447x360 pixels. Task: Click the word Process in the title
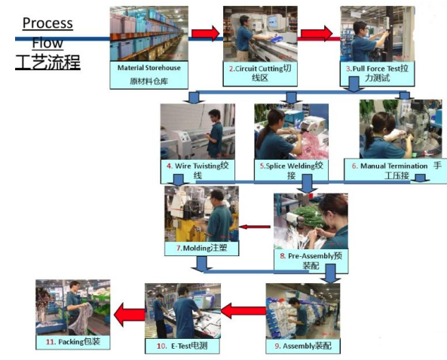47,23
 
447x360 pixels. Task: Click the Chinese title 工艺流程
47,62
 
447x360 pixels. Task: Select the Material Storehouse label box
148,75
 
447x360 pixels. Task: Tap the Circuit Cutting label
260,74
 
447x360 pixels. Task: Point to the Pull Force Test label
377,74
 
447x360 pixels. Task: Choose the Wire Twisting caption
197,171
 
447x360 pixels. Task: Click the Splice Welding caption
291,170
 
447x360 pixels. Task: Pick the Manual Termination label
396,170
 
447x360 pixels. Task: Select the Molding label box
201,249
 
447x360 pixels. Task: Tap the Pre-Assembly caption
311,261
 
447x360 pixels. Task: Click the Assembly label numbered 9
303,346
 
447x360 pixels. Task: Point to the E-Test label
182,346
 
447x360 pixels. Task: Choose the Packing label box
73,342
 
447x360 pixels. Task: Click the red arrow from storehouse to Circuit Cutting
205,33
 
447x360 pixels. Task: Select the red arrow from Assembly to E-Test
243,311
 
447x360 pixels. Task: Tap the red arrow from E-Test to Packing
129,314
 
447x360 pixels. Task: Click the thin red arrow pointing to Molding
255,227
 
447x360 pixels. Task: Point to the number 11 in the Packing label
51,342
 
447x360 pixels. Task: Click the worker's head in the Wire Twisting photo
214,115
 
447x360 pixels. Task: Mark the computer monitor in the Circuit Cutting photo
274,21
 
